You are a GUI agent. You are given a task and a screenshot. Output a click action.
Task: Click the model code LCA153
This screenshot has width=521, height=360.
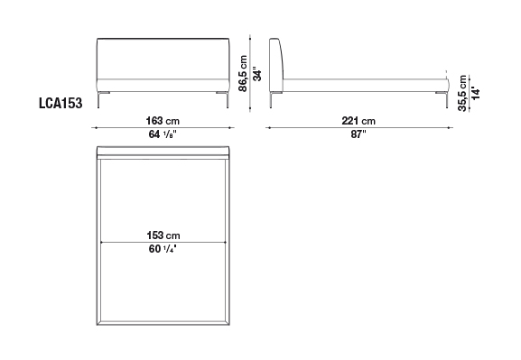click(x=60, y=103)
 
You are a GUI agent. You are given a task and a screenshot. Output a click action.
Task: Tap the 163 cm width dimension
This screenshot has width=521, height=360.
click(x=163, y=121)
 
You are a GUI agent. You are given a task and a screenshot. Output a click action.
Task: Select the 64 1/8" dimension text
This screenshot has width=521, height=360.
click(x=163, y=134)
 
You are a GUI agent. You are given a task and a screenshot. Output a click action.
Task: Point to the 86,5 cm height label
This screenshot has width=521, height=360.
click(x=243, y=73)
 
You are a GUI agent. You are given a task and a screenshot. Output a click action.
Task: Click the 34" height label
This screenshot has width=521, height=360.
click(x=257, y=75)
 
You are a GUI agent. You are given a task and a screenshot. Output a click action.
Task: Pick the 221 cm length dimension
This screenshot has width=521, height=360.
click(x=358, y=121)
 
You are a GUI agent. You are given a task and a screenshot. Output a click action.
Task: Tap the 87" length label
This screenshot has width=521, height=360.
click(x=358, y=134)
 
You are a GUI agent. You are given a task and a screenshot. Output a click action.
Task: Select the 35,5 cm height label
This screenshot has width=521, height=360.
click(x=462, y=93)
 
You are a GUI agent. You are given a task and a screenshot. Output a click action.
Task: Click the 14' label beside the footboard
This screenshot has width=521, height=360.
click(x=476, y=94)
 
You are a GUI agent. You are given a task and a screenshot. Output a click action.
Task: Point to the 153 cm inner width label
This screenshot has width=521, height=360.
click(x=163, y=235)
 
